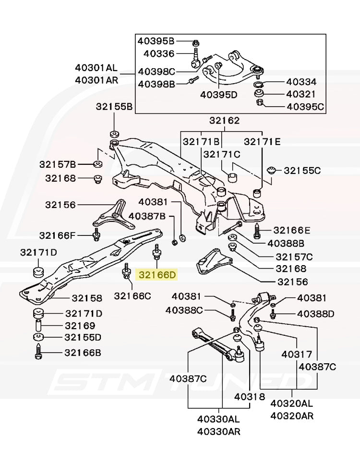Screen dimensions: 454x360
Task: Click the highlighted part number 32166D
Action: pos(157,275)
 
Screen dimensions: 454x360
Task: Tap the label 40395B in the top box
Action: pos(156,41)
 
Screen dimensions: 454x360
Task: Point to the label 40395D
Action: pos(218,95)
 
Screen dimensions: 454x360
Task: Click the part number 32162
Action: pos(224,121)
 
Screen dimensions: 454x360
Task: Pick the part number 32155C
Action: pos(302,170)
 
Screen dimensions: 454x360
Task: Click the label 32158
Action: pos(87,298)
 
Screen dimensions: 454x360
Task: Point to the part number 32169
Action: pos(80,325)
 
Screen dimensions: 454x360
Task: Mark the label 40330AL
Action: pos(218,419)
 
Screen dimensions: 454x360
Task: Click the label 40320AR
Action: pos(291,415)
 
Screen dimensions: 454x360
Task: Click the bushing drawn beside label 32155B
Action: pos(114,133)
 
